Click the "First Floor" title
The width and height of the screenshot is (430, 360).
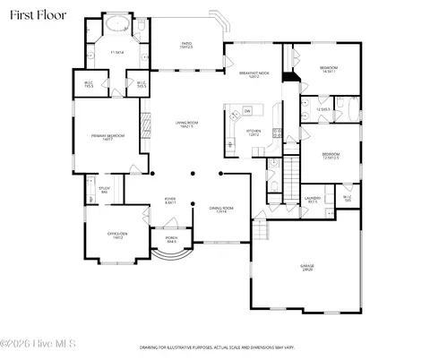(x=34, y=15)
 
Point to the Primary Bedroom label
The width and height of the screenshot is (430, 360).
(x=107, y=136)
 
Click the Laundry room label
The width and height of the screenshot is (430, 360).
(x=313, y=200)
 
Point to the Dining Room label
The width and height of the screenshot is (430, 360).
(x=220, y=210)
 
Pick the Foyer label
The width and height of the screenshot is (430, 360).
(x=169, y=201)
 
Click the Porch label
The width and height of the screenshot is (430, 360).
(x=170, y=240)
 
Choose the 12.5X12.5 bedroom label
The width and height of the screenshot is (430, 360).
(x=331, y=158)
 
